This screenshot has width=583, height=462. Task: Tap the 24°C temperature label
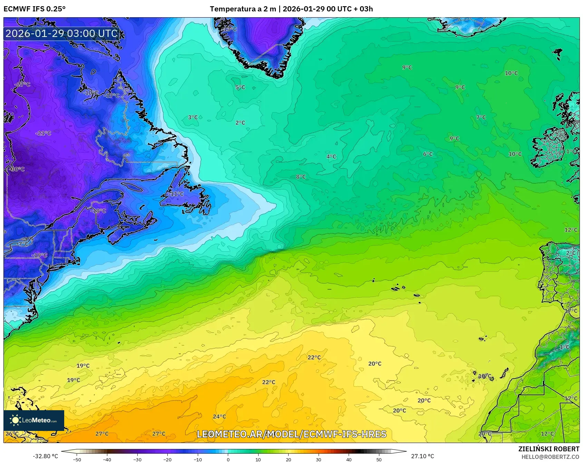(x=219, y=416)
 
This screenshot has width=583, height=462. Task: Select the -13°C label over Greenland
(x=230, y=29)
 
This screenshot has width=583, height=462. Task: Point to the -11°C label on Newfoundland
(x=176, y=194)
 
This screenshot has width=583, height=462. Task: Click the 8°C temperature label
(x=301, y=177)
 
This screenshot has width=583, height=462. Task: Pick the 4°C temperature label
(x=331, y=156)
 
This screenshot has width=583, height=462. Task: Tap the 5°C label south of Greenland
(x=240, y=87)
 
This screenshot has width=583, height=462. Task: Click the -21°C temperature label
(x=43, y=133)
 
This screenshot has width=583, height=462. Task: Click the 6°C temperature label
(x=428, y=154)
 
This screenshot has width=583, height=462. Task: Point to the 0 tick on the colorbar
(x=228, y=459)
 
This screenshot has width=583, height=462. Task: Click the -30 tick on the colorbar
(x=137, y=459)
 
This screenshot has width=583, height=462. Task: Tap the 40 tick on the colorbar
(x=349, y=459)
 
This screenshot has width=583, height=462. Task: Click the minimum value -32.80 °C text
(x=45, y=456)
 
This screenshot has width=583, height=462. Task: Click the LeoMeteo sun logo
(x=15, y=420)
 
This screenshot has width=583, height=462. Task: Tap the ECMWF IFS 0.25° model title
(x=35, y=9)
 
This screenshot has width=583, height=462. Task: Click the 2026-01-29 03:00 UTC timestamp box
(x=61, y=33)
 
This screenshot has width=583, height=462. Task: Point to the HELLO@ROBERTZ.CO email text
(x=550, y=457)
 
